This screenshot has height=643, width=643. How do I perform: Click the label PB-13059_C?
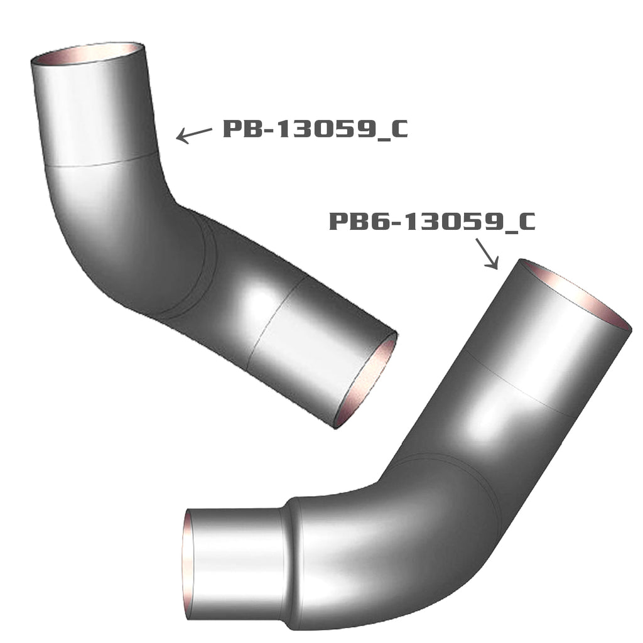pos(315,129)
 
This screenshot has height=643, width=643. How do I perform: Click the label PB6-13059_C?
pos(432,222)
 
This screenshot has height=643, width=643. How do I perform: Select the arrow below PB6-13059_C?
pos(487,254)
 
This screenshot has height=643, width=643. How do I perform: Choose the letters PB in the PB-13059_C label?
pos(239,129)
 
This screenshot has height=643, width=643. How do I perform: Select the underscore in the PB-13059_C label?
pos(377,137)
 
